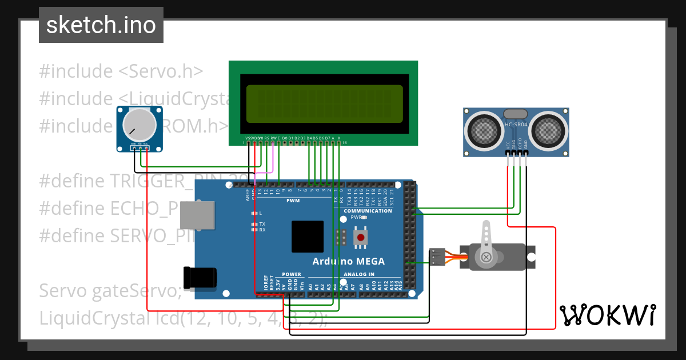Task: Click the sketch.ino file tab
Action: [101, 25]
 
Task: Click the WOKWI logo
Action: [607, 315]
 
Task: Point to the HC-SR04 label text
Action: [516, 125]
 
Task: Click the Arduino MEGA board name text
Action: [348, 261]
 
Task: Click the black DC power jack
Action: [200, 277]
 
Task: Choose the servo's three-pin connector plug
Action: [437, 257]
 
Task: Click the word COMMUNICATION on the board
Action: [368, 211]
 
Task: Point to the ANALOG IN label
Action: [359, 274]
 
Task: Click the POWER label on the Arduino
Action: [292, 274]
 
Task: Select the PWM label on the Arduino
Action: [293, 201]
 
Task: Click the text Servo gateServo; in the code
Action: [110, 291]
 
